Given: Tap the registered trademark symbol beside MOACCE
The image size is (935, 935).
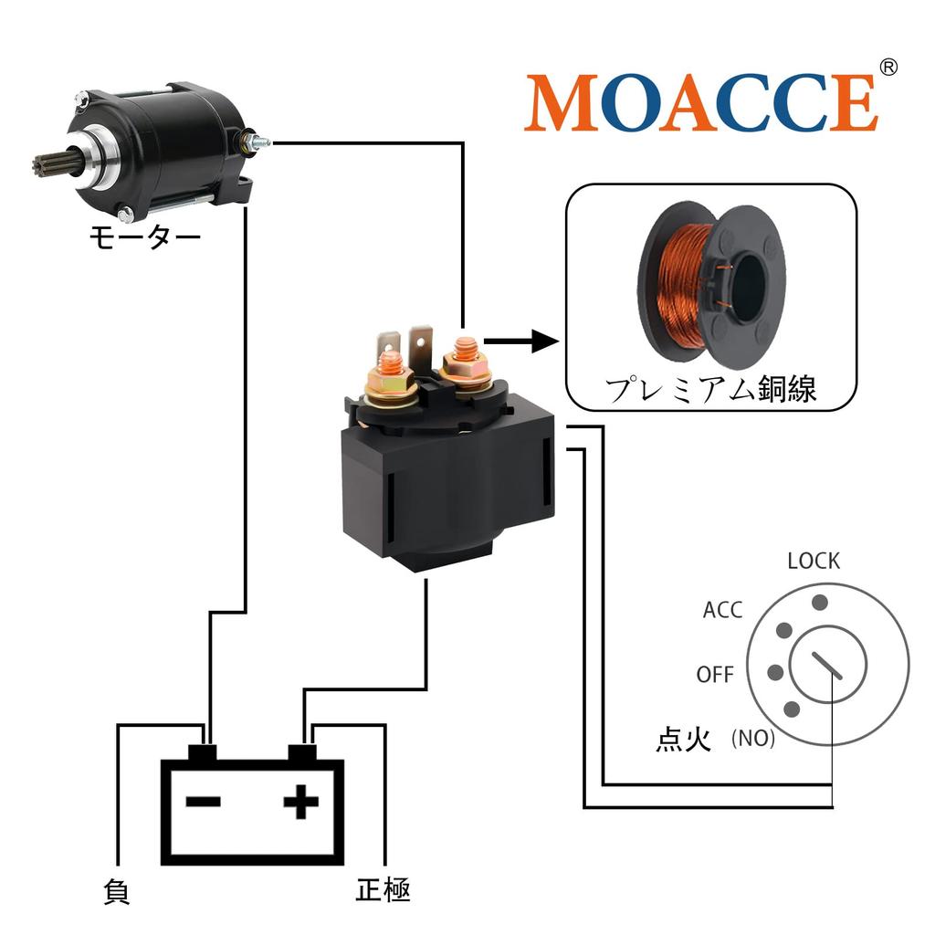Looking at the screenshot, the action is click(888, 68).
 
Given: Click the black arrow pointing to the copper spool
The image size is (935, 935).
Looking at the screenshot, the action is click(520, 341).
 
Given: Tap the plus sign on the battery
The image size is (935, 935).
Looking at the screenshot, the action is click(301, 804).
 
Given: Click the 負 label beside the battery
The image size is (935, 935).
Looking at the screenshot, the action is click(117, 891).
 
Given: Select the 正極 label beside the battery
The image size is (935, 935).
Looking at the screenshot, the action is click(383, 890).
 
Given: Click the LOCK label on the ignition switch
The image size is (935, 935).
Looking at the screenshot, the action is click(814, 561).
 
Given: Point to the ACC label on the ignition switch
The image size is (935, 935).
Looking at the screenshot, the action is click(722, 610).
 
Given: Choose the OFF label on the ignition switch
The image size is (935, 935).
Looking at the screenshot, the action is click(715, 675).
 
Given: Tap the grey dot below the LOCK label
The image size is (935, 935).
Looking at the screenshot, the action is click(820, 602).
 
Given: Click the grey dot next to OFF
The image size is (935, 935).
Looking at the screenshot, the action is click(776, 672).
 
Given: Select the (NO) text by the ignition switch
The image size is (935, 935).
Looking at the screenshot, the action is click(753, 739).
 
